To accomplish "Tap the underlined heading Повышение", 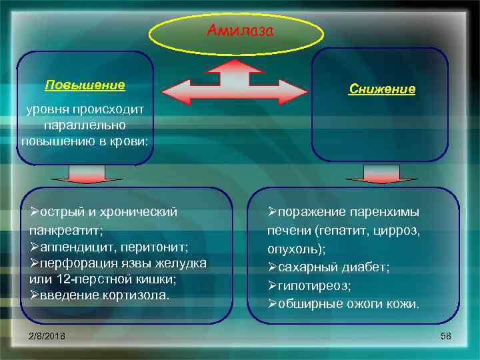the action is pos(85,85).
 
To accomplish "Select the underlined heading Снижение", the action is pos(383,89).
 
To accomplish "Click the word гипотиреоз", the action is pos(311,285).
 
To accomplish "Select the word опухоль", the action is pos(295,249).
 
